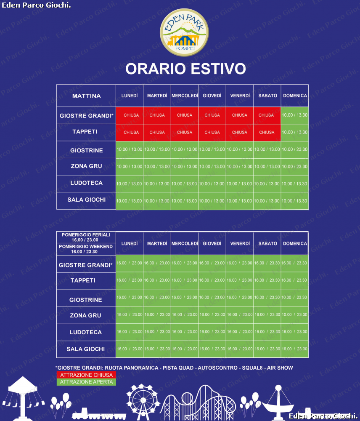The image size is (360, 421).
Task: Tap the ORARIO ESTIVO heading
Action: pos(185,69)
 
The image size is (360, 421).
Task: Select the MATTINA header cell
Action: pos(86,96)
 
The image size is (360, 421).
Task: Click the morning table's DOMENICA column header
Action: pos(295,96)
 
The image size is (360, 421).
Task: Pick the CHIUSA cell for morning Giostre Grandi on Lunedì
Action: pos(130,115)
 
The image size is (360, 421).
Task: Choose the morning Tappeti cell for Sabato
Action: pos(267,132)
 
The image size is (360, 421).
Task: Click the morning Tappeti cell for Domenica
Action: pos(294,132)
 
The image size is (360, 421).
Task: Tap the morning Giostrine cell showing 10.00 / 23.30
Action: pos(294,149)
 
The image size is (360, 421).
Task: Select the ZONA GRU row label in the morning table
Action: pos(86,166)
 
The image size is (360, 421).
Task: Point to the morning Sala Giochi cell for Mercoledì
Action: pos(184,201)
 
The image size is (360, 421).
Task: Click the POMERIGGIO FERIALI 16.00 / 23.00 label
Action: pos(86,237)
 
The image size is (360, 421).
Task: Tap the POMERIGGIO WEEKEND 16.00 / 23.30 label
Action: pos(86,249)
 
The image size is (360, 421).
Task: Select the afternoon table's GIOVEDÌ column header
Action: pos(212,243)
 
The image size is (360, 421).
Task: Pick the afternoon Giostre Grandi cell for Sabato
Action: pos(267,263)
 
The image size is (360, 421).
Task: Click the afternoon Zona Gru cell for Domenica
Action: pos(294,314)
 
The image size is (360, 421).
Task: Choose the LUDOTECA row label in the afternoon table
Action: pos(86,332)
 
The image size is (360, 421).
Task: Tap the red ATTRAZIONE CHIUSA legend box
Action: pos(86,375)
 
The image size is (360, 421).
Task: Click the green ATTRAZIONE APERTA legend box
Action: pos(86,382)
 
